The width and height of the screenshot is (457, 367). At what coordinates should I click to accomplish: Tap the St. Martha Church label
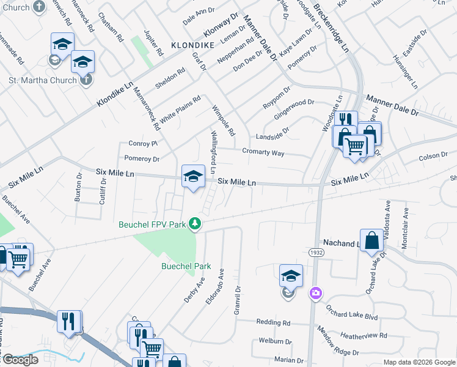(x=43, y=80)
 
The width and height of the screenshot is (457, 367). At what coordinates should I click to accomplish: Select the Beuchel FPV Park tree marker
(x=195, y=224)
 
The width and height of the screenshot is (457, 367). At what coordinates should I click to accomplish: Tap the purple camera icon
(x=316, y=293)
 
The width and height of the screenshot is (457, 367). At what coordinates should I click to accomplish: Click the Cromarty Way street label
(x=263, y=152)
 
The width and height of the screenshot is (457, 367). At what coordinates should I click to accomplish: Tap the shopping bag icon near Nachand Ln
(x=371, y=240)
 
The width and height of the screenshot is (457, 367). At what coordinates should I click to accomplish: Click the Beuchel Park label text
(x=186, y=266)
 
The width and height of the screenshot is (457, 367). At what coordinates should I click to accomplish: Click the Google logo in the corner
(x=20, y=360)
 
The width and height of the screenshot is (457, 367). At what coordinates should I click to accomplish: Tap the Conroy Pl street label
(x=143, y=143)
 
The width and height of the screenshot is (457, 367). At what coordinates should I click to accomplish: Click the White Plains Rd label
(x=180, y=108)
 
